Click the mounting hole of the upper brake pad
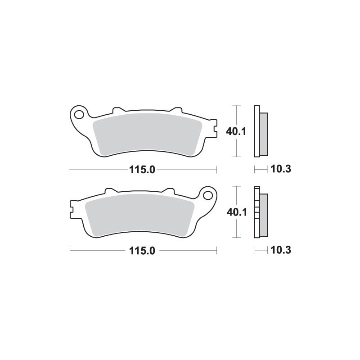coord(81,113)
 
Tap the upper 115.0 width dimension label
coord(143,170)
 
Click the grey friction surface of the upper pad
coord(146,134)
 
